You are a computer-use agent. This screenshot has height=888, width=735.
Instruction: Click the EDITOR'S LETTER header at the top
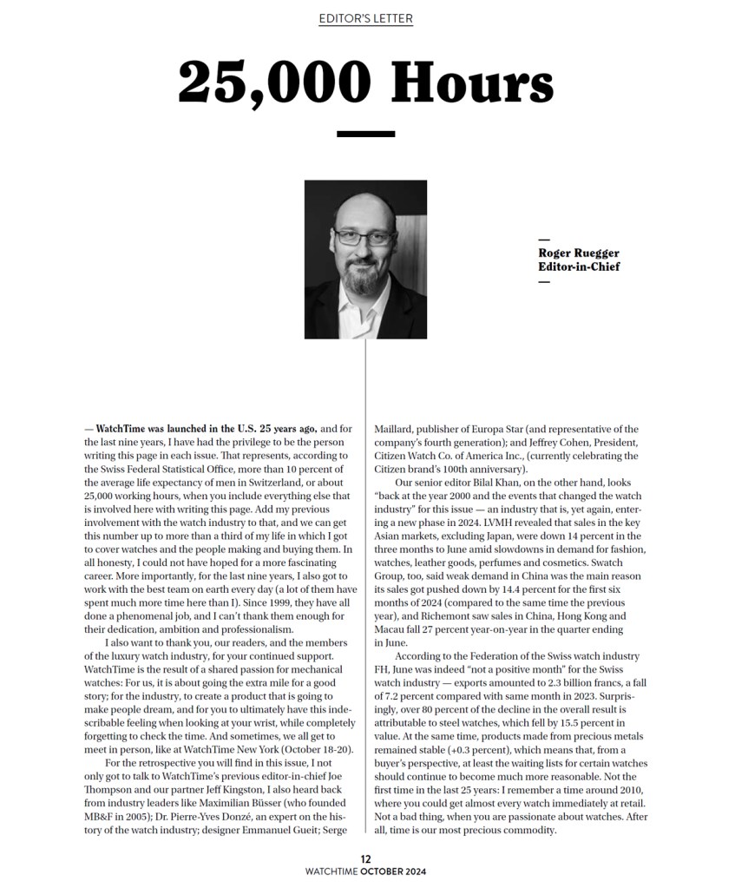point(365,18)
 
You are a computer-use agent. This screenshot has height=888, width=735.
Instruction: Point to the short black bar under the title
point(365,134)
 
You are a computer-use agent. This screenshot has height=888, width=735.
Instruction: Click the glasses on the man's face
point(362,237)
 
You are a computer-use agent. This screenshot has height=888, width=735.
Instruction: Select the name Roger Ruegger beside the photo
point(578,253)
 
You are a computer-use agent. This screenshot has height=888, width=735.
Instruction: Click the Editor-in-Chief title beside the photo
point(579,266)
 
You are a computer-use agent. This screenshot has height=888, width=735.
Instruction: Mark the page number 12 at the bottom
point(366,858)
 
